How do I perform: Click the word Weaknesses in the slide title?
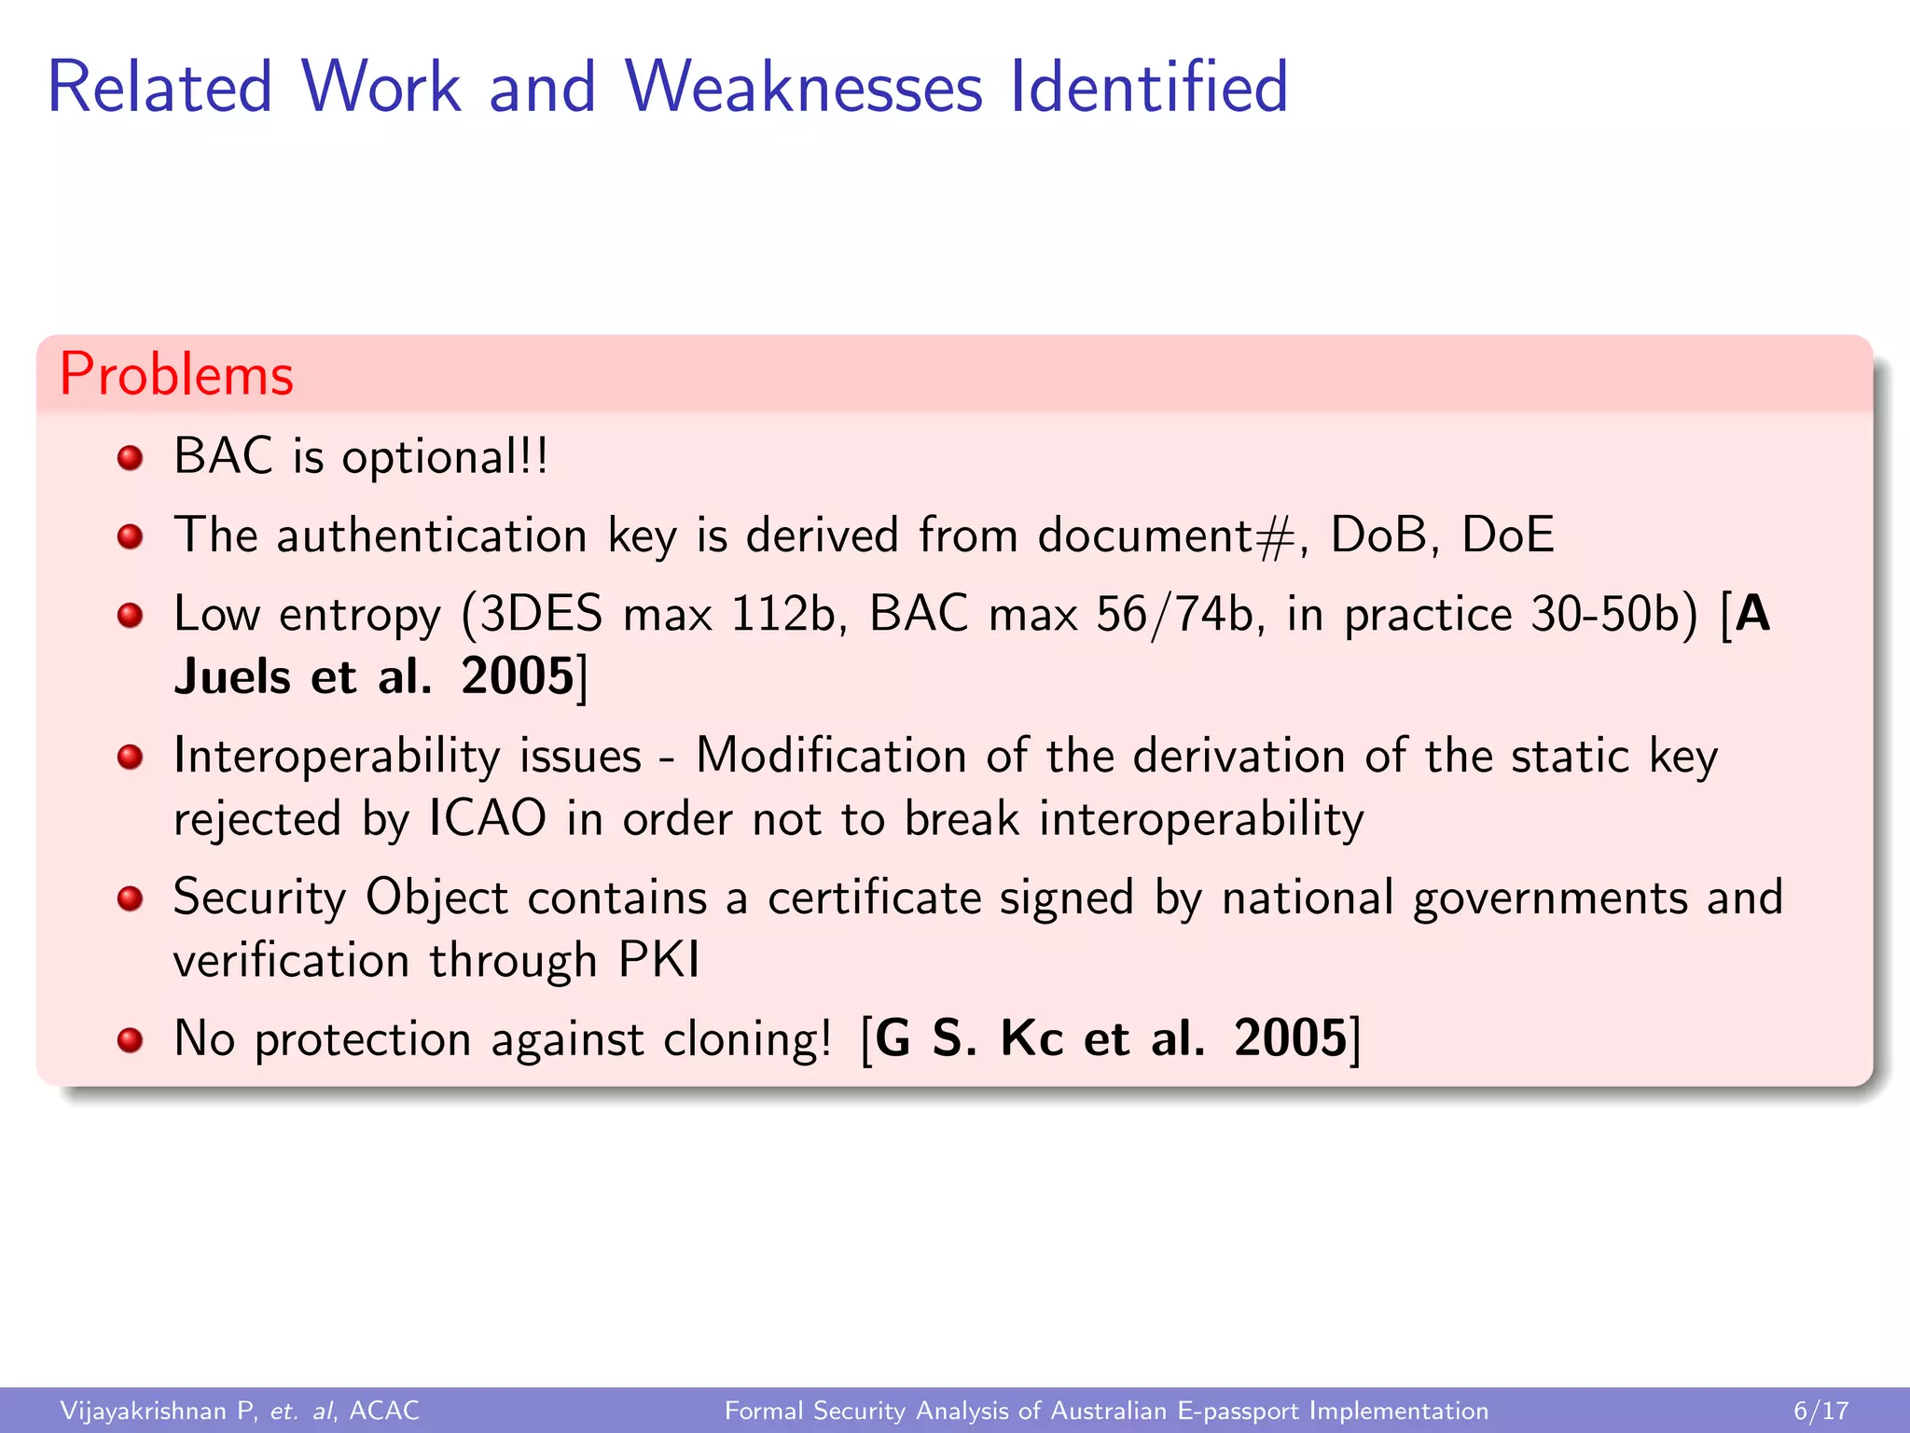[804, 87]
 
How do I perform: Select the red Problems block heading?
[176, 374]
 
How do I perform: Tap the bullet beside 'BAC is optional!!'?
[130, 458]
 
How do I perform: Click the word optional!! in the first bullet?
[445, 458]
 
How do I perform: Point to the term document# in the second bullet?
[1165, 536]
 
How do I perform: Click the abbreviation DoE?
[1507, 536]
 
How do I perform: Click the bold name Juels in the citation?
[232, 676]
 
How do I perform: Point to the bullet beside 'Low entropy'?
[130, 615]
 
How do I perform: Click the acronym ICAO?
[487, 819]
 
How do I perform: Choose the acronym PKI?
[659, 960]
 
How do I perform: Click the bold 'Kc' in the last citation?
[1031, 1038]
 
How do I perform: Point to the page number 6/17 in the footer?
[1820, 1411]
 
